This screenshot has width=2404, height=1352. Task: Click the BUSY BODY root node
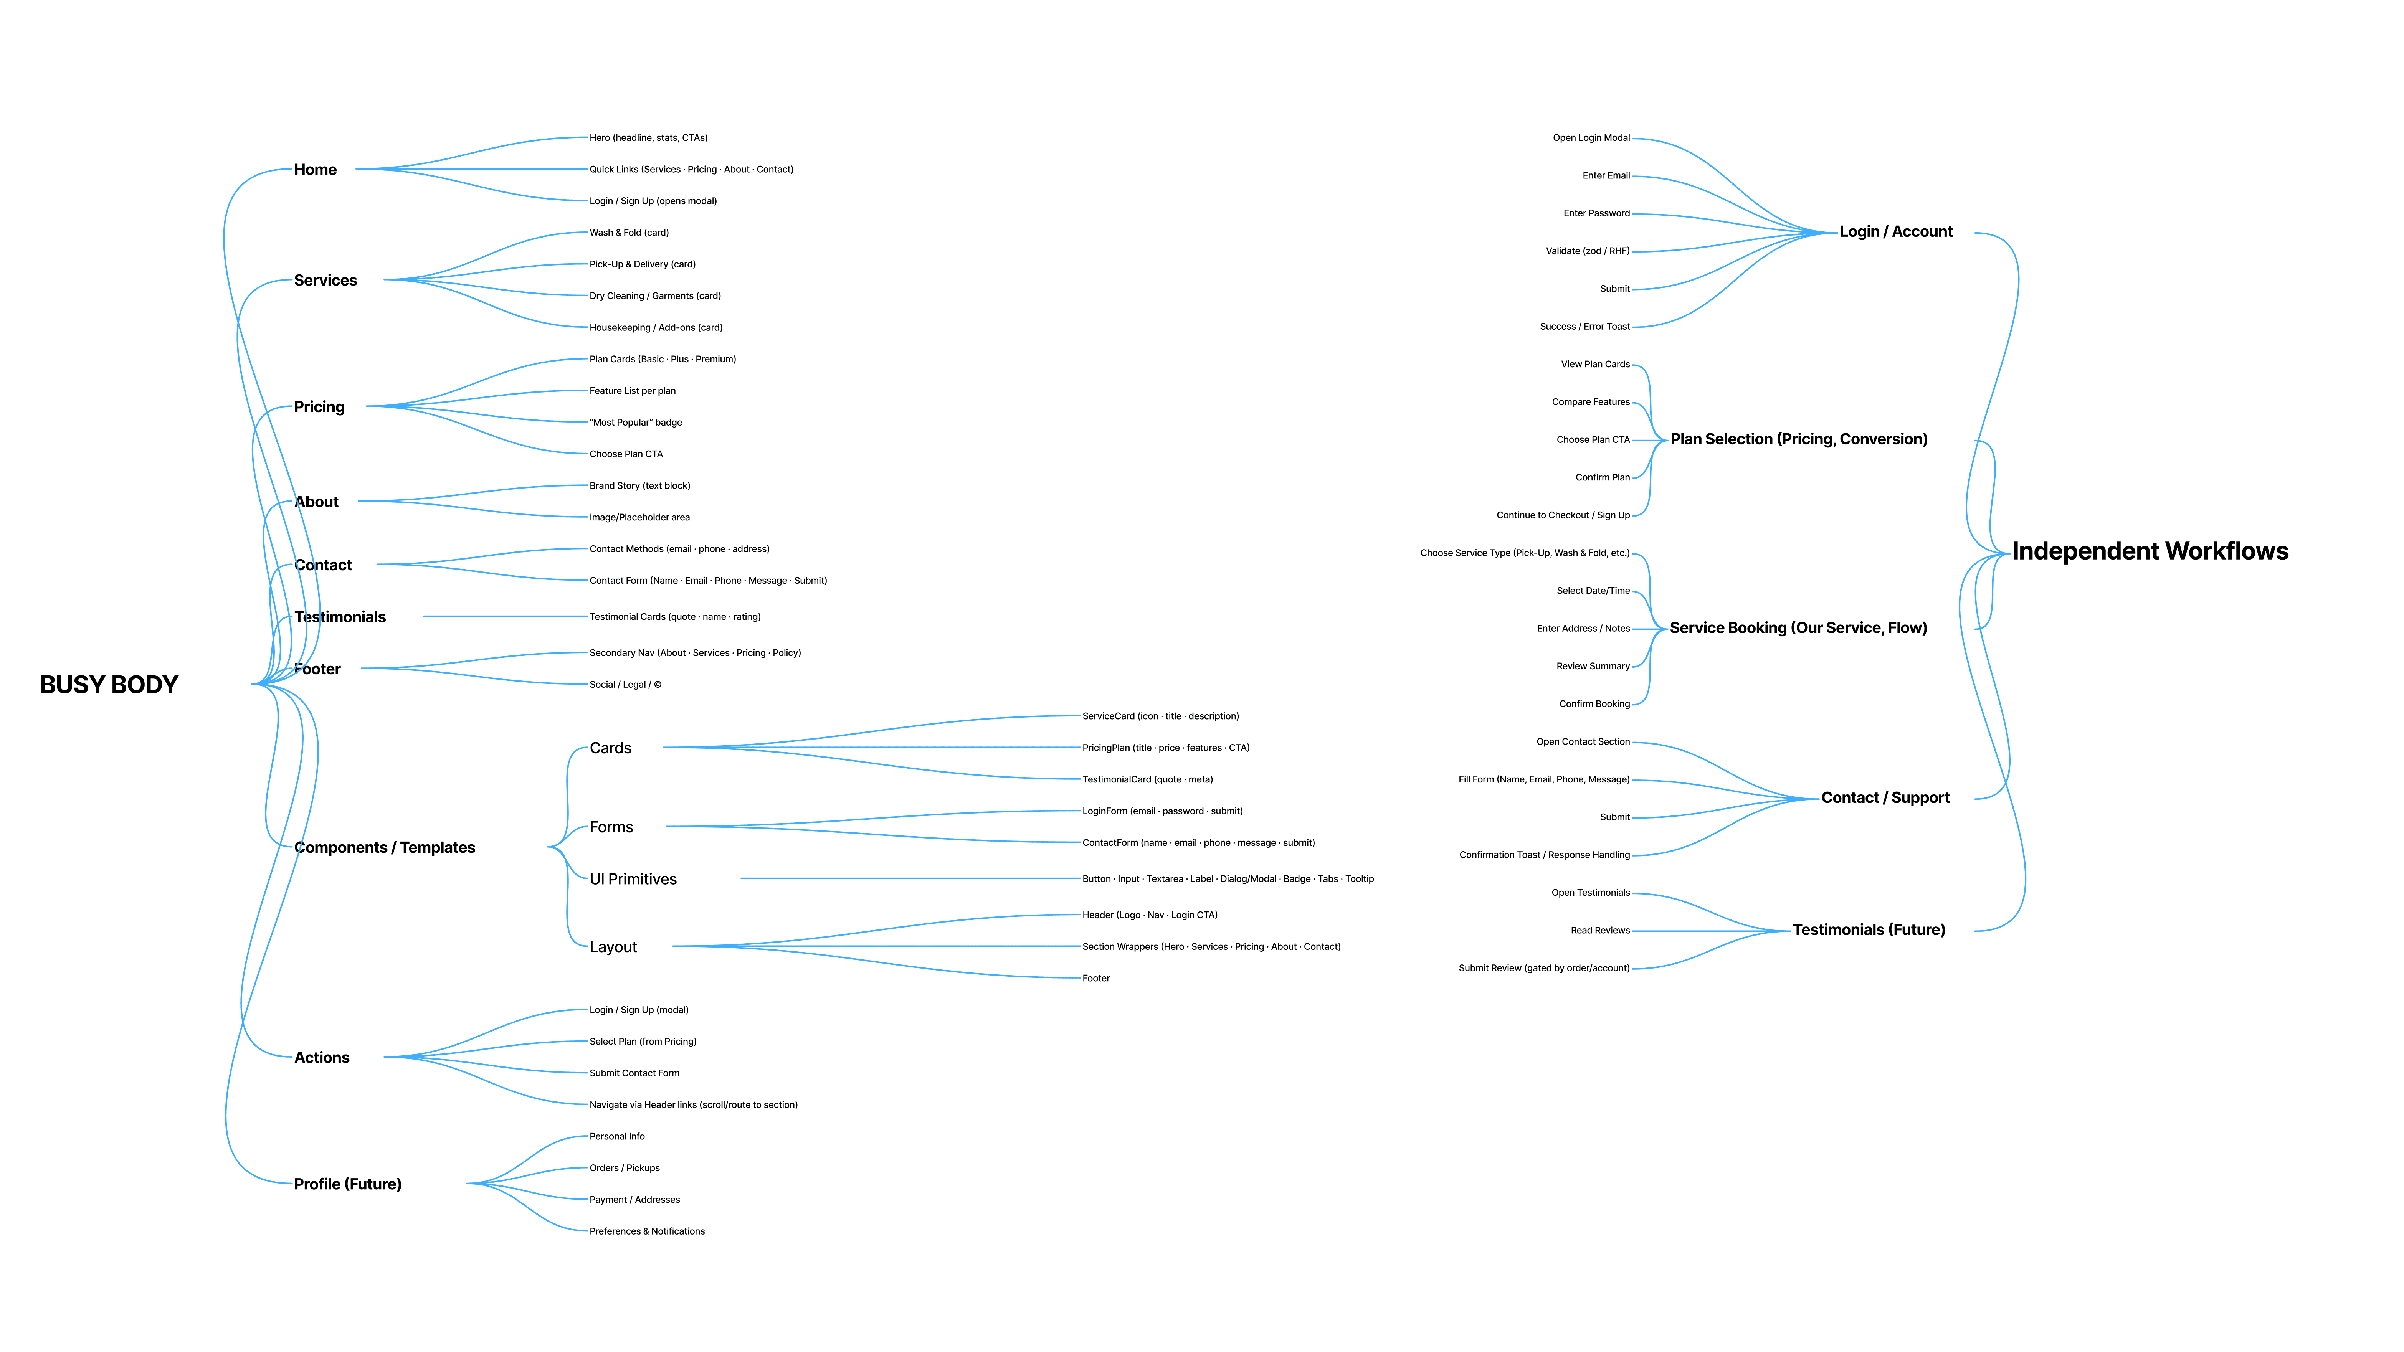tap(109, 685)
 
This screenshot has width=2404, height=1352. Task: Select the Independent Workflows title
tap(2149, 551)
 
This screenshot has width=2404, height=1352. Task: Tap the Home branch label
tap(316, 170)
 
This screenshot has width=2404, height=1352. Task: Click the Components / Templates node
tap(385, 847)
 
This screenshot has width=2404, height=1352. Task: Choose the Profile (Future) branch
tap(347, 1184)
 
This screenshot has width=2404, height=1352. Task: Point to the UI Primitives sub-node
tap(633, 879)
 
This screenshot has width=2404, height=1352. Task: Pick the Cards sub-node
tap(610, 748)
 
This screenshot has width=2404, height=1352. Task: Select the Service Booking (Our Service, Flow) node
tap(1798, 628)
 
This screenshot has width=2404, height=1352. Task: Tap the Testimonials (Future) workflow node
tap(1868, 930)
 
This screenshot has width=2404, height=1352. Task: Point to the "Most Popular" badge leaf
tap(636, 423)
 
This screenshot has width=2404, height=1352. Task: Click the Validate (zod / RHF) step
tap(1588, 251)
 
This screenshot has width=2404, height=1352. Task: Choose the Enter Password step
tap(1596, 214)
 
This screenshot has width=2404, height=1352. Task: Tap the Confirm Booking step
tap(1594, 705)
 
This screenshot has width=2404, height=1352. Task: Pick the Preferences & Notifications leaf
tap(647, 1231)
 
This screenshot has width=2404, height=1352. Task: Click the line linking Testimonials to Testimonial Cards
tap(504, 617)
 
